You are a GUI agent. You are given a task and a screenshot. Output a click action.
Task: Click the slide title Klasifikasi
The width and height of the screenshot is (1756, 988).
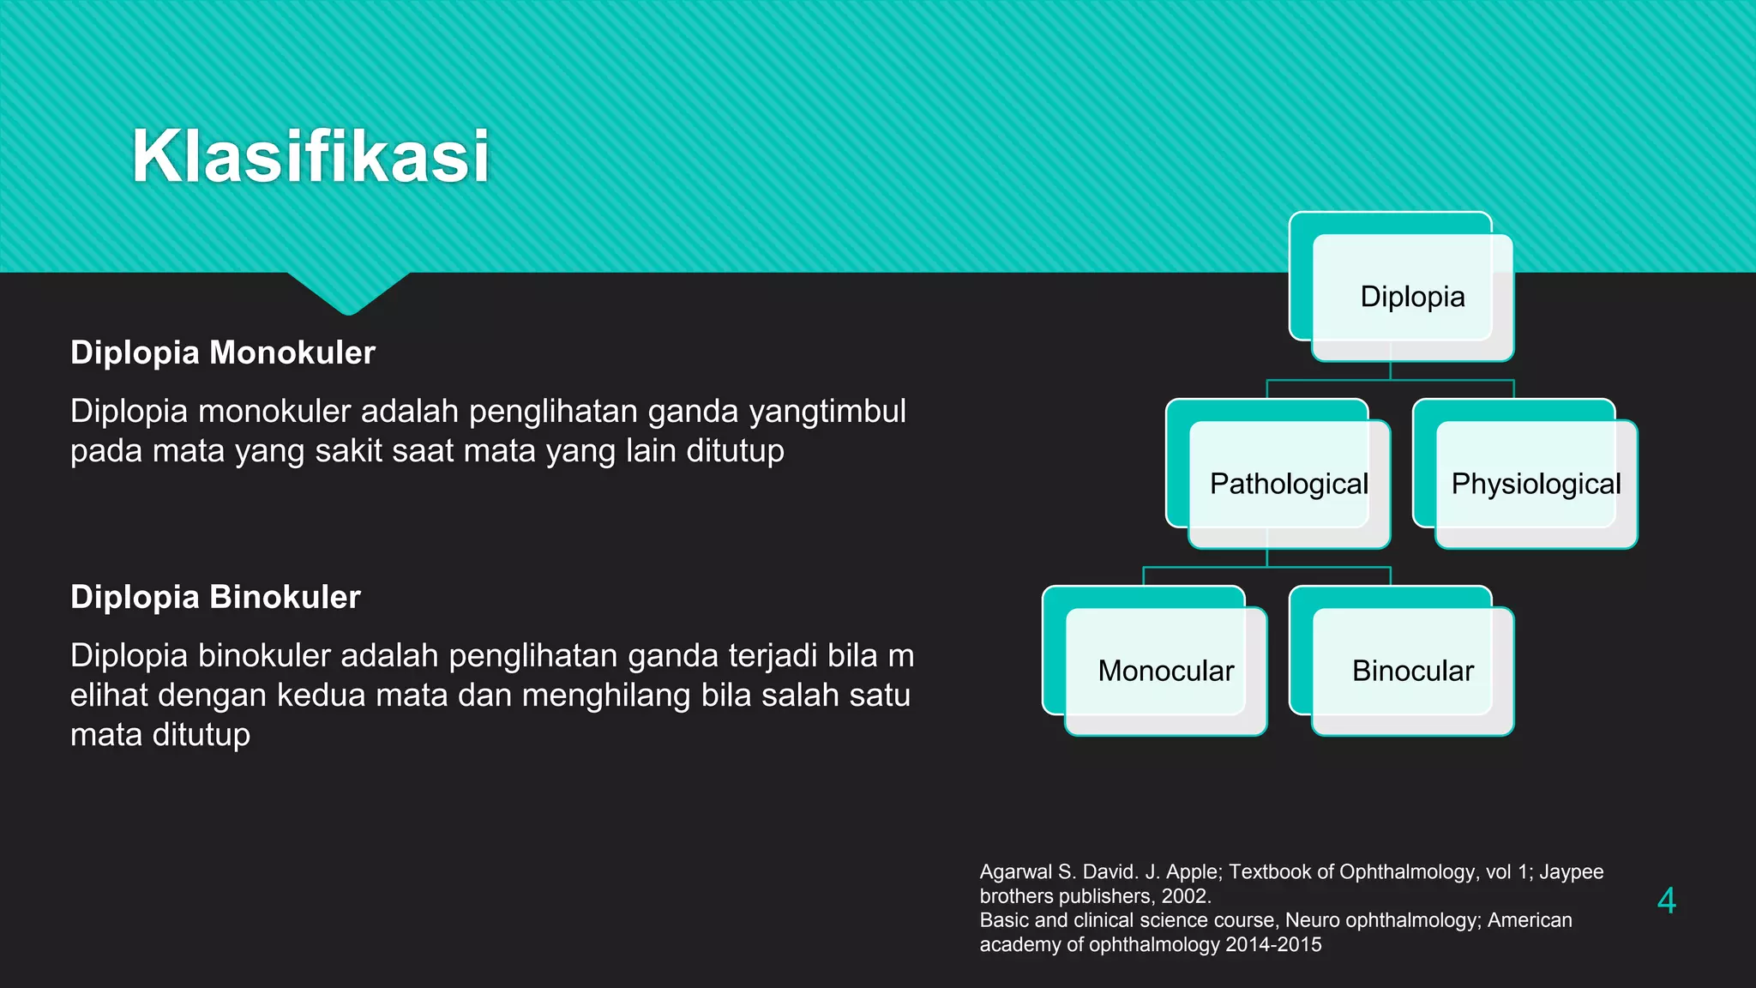[x=310, y=156]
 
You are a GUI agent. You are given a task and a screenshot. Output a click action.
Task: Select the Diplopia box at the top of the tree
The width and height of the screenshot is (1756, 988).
[x=1411, y=297]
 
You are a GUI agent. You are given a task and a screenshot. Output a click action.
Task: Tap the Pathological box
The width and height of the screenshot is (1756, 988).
[x=1288, y=484]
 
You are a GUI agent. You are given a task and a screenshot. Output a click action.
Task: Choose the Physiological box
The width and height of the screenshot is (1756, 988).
[x=1535, y=484]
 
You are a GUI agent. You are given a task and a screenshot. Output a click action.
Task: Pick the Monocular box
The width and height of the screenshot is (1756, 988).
[x=1165, y=671]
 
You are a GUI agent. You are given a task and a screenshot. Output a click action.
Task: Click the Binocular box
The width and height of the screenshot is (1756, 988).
[x=1412, y=671]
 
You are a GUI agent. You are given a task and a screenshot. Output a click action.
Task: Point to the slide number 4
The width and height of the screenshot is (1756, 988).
[x=1666, y=901]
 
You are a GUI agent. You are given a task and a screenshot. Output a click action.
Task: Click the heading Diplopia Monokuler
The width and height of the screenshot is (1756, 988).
[x=223, y=352]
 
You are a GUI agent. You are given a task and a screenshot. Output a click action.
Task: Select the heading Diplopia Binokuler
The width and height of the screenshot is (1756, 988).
[x=215, y=597]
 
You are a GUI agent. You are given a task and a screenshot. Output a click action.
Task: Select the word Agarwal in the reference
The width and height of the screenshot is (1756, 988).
[x=1015, y=872]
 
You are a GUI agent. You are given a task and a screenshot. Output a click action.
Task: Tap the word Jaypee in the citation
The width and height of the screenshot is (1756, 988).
[x=1571, y=872]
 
